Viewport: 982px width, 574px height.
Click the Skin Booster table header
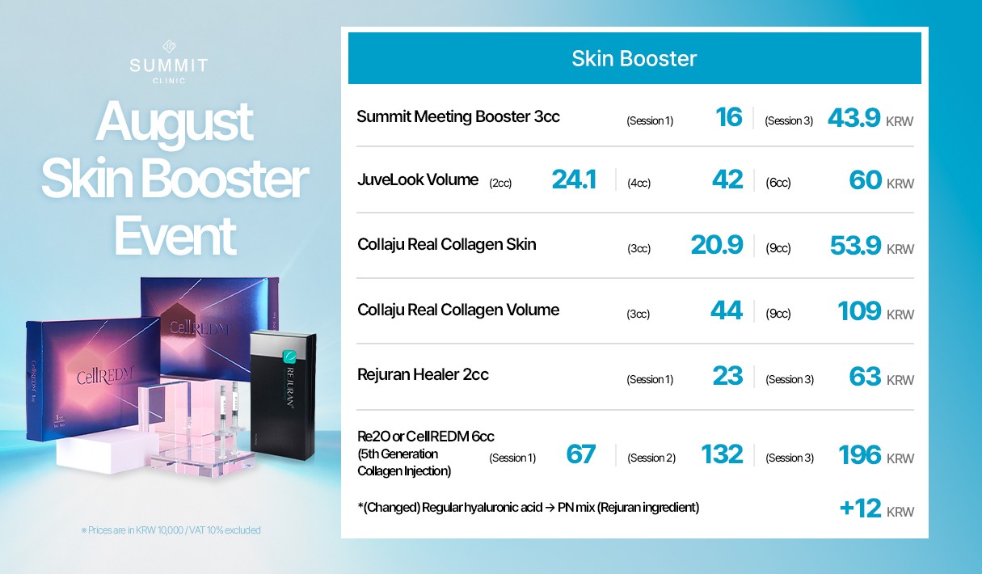[634, 58]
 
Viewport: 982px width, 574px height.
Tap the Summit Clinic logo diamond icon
[169, 46]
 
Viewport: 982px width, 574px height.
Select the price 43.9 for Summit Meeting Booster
[853, 117]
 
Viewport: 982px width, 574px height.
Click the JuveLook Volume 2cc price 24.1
[574, 179]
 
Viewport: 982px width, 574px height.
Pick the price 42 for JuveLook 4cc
[727, 179]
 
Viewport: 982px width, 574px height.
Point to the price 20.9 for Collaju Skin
[717, 245]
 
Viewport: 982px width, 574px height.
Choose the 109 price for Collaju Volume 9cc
[859, 311]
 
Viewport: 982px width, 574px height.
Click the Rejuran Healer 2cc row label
[423, 374]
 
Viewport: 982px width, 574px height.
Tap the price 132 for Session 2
[722, 454]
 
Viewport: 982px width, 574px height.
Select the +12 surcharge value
[860, 509]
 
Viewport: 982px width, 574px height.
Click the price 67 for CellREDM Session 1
[581, 454]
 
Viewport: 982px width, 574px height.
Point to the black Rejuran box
[283, 395]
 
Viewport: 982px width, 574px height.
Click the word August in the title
[174, 122]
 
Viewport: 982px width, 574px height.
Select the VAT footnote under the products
[171, 530]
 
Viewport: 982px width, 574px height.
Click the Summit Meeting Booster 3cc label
[458, 116]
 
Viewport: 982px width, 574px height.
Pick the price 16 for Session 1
[728, 117]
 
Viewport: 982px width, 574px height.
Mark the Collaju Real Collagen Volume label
[458, 310]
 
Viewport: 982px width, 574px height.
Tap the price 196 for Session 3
[859, 455]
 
